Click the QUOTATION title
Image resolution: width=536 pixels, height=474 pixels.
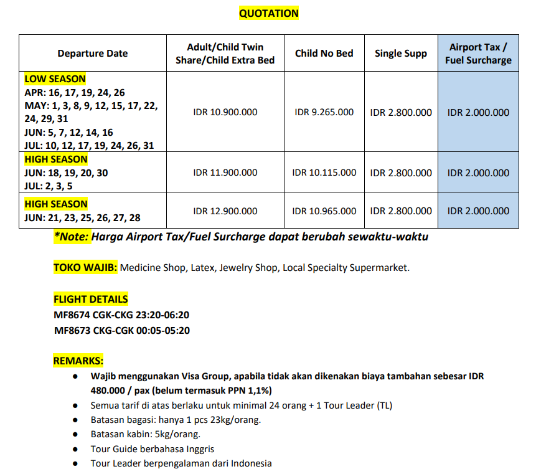pos(268,13)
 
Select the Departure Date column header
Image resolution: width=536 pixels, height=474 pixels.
pos(92,54)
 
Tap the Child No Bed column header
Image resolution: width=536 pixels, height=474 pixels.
pos(324,54)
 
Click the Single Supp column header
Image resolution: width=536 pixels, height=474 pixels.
pos(400,54)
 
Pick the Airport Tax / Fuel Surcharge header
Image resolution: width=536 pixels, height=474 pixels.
pos(478,54)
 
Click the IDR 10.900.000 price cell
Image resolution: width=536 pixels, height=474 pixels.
pos(225,113)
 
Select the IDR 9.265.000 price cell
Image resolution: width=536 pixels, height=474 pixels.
pos(324,113)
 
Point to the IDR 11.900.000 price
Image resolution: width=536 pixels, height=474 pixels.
pos(225,173)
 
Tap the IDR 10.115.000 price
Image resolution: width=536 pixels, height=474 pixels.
pos(324,173)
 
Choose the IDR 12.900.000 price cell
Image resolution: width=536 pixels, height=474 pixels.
pos(225,211)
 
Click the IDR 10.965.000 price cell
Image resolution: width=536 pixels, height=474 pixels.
pos(324,211)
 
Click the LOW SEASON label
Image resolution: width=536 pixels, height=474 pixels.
pos(55,79)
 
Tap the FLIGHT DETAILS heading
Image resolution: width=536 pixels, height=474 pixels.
pos(90,299)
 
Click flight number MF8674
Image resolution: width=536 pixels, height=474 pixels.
pos(72,315)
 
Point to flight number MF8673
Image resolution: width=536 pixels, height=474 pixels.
pos(72,330)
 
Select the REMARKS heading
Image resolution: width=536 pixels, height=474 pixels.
pos(78,361)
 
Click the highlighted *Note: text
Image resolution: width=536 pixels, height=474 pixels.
pos(73,237)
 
